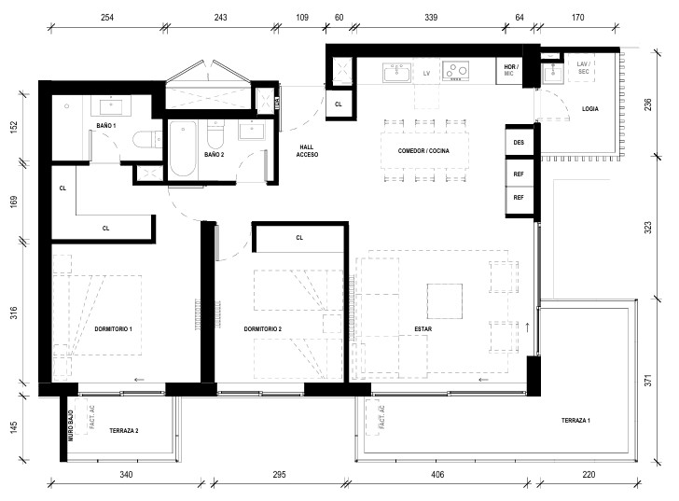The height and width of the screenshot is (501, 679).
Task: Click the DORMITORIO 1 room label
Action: [113, 329]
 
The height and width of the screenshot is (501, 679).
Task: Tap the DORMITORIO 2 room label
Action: [262, 329]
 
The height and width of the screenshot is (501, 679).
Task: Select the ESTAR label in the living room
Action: [423, 329]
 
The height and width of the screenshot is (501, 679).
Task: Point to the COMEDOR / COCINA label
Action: [423, 151]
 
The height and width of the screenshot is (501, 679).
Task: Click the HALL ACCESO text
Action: [307, 151]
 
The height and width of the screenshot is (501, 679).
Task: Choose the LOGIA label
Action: [589, 108]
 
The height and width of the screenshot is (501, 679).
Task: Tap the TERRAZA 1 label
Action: [575, 420]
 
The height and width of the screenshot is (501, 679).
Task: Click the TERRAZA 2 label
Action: [124, 430]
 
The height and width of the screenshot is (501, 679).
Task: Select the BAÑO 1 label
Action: [106, 126]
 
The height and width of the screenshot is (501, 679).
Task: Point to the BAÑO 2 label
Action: [215, 154]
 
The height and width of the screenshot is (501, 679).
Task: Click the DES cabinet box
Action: [520, 142]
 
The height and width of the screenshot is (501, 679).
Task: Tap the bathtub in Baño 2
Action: [182, 148]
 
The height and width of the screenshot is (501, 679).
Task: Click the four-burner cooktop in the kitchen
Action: [455, 72]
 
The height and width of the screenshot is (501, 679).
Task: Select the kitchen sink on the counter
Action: [396, 73]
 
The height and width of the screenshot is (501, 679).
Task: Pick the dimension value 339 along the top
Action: [431, 18]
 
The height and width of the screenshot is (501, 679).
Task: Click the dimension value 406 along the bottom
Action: [437, 475]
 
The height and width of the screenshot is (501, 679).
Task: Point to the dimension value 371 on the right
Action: [648, 381]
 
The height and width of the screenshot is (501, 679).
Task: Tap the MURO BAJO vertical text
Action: [71, 425]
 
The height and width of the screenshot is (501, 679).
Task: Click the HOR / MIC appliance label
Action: [510, 70]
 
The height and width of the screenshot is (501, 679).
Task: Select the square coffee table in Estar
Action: [445, 301]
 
